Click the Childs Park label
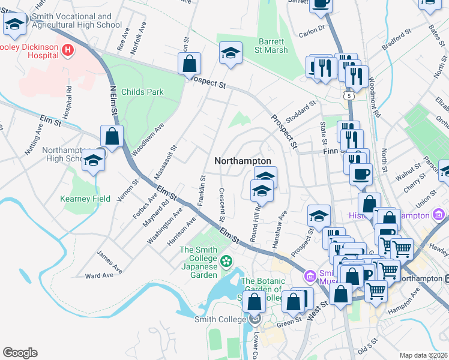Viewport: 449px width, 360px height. pos(142,92)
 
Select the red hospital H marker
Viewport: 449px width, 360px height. pos(67,50)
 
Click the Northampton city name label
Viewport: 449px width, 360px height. pos(243,161)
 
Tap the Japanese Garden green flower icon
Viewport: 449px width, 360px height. pos(226,260)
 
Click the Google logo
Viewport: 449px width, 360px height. pos(20,353)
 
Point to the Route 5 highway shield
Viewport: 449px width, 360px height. pos(349,95)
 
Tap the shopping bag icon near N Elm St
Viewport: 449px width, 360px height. pos(112,136)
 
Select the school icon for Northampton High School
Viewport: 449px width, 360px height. pos(93,160)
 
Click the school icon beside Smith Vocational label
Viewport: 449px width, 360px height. pos(15,25)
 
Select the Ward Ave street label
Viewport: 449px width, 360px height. pos(100,275)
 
